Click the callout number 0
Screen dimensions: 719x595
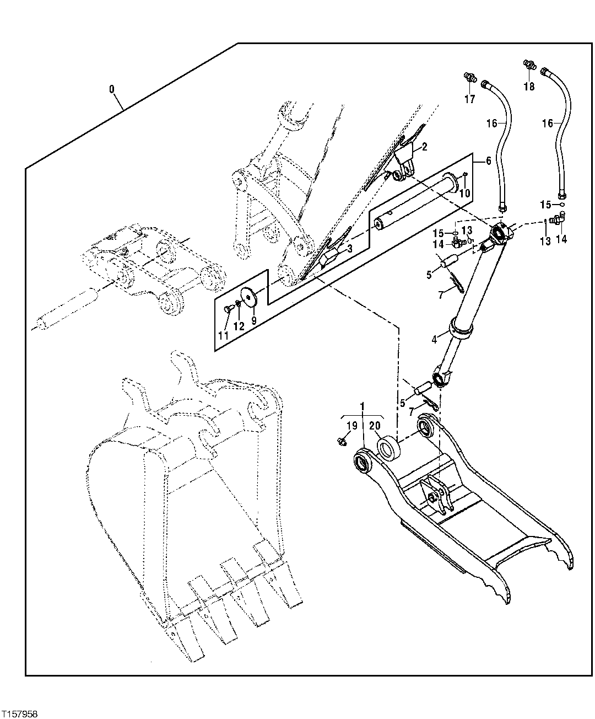pyautogui.click(x=112, y=89)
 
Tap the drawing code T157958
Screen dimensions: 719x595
pyautogui.click(x=20, y=713)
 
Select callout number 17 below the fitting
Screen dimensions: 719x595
pyautogui.click(x=469, y=99)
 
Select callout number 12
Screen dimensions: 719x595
pyautogui.click(x=239, y=326)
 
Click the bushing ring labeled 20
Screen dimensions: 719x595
pyautogui.click(x=388, y=447)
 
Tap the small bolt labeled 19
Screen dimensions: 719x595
pyautogui.click(x=341, y=441)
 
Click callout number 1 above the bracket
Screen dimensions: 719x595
pyautogui.click(x=363, y=406)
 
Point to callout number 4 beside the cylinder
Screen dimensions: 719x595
pyautogui.click(x=435, y=340)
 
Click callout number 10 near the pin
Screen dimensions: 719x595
pyautogui.click(x=464, y=193)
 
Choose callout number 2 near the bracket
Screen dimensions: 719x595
pyautogui.click(x=424, y=147)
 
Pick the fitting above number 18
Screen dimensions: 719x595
pyautogui.click(x=528, y=65)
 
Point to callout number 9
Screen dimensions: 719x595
pyautogui.click(x=253, y=319)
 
